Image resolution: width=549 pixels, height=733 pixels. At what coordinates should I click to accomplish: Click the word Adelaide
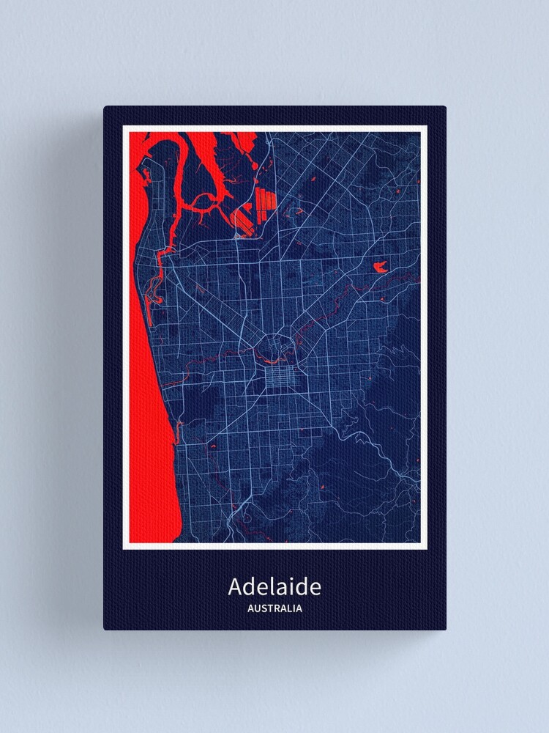[274, 587]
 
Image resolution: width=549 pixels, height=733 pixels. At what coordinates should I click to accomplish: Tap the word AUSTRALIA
[274, 608]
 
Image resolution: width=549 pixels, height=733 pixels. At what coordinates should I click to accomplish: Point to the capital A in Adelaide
[236, 587]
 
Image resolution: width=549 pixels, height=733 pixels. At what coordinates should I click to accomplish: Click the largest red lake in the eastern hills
[381, 265]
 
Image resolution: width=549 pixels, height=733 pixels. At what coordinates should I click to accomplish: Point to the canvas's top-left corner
[105, 107]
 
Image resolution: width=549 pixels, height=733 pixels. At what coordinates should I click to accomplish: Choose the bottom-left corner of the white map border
[124, 548]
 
